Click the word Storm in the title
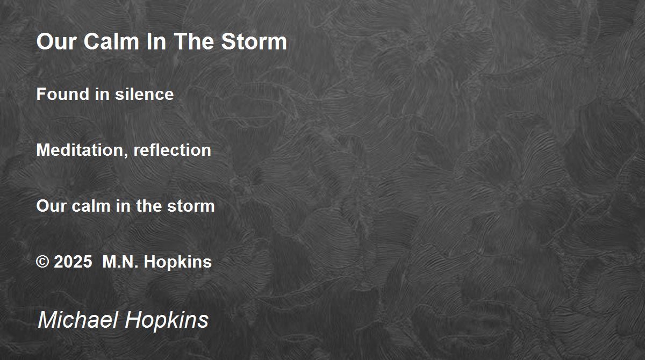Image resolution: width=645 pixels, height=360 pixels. coord(254,41)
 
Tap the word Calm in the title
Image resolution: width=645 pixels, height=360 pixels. coord(111,41)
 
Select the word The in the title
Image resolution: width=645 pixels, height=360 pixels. coord(194,41)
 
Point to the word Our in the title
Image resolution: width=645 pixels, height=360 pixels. coord(56,41)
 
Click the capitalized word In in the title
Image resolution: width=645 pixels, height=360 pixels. coord(156,41)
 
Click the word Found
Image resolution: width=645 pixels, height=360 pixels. coord(63,94)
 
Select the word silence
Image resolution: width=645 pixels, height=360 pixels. coord(144,94)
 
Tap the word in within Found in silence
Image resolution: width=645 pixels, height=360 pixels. coord(102,94)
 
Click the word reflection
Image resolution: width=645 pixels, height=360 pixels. coord(172,150)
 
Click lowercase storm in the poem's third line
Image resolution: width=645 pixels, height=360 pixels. coord(191,206)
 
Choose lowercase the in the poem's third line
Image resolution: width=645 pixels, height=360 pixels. coord(149,206)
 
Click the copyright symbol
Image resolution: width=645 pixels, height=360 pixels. coord(42,262)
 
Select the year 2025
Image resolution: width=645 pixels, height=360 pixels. coord(73,262)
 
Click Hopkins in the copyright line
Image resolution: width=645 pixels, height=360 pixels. coord(178,262)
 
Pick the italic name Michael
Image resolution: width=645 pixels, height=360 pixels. coord(78,319)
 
